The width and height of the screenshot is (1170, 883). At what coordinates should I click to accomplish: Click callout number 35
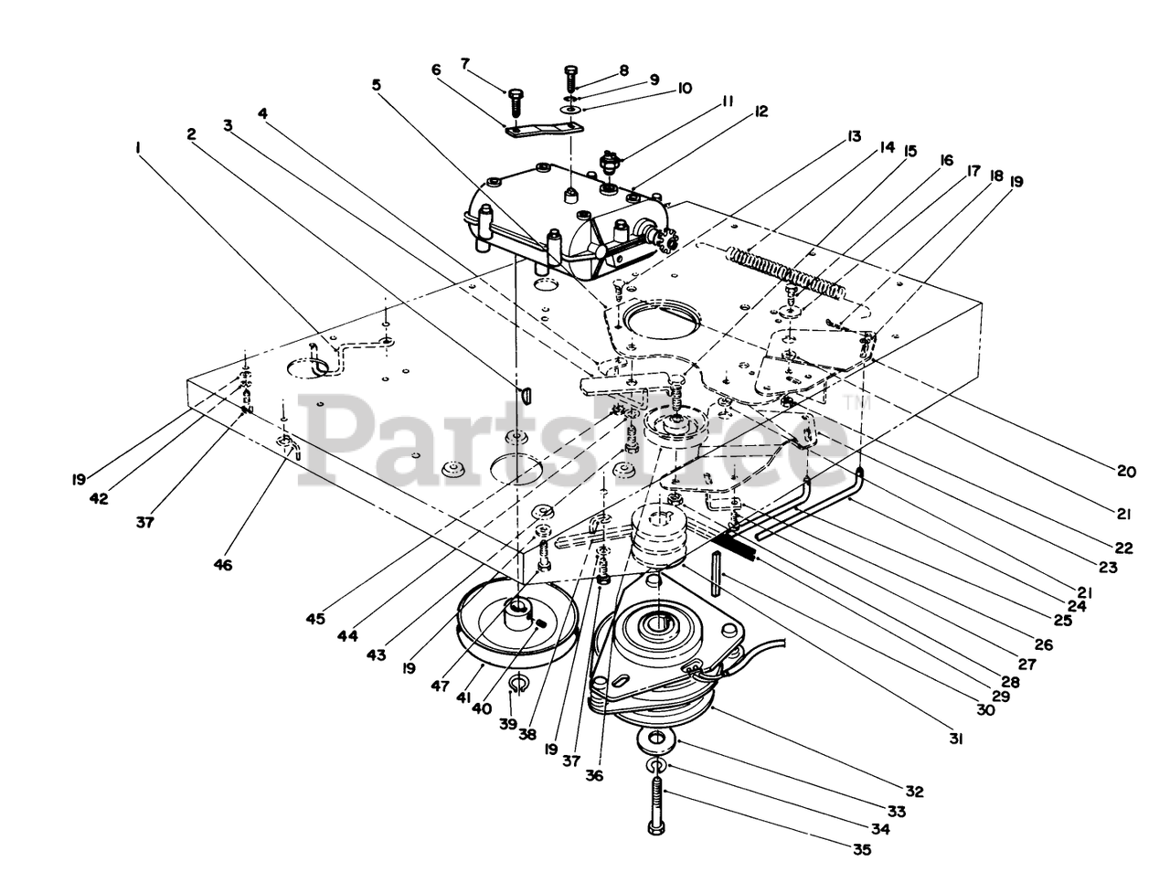(860, 849)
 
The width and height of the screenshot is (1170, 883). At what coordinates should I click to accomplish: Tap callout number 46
(222, 565)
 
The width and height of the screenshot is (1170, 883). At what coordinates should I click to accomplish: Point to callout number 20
(1125, 472)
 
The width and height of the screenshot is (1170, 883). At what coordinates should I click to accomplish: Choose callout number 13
(854, 136)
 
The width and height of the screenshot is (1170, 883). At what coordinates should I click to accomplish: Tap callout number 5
(377, 84)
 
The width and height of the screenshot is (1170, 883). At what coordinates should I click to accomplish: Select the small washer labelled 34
(654, 764)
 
